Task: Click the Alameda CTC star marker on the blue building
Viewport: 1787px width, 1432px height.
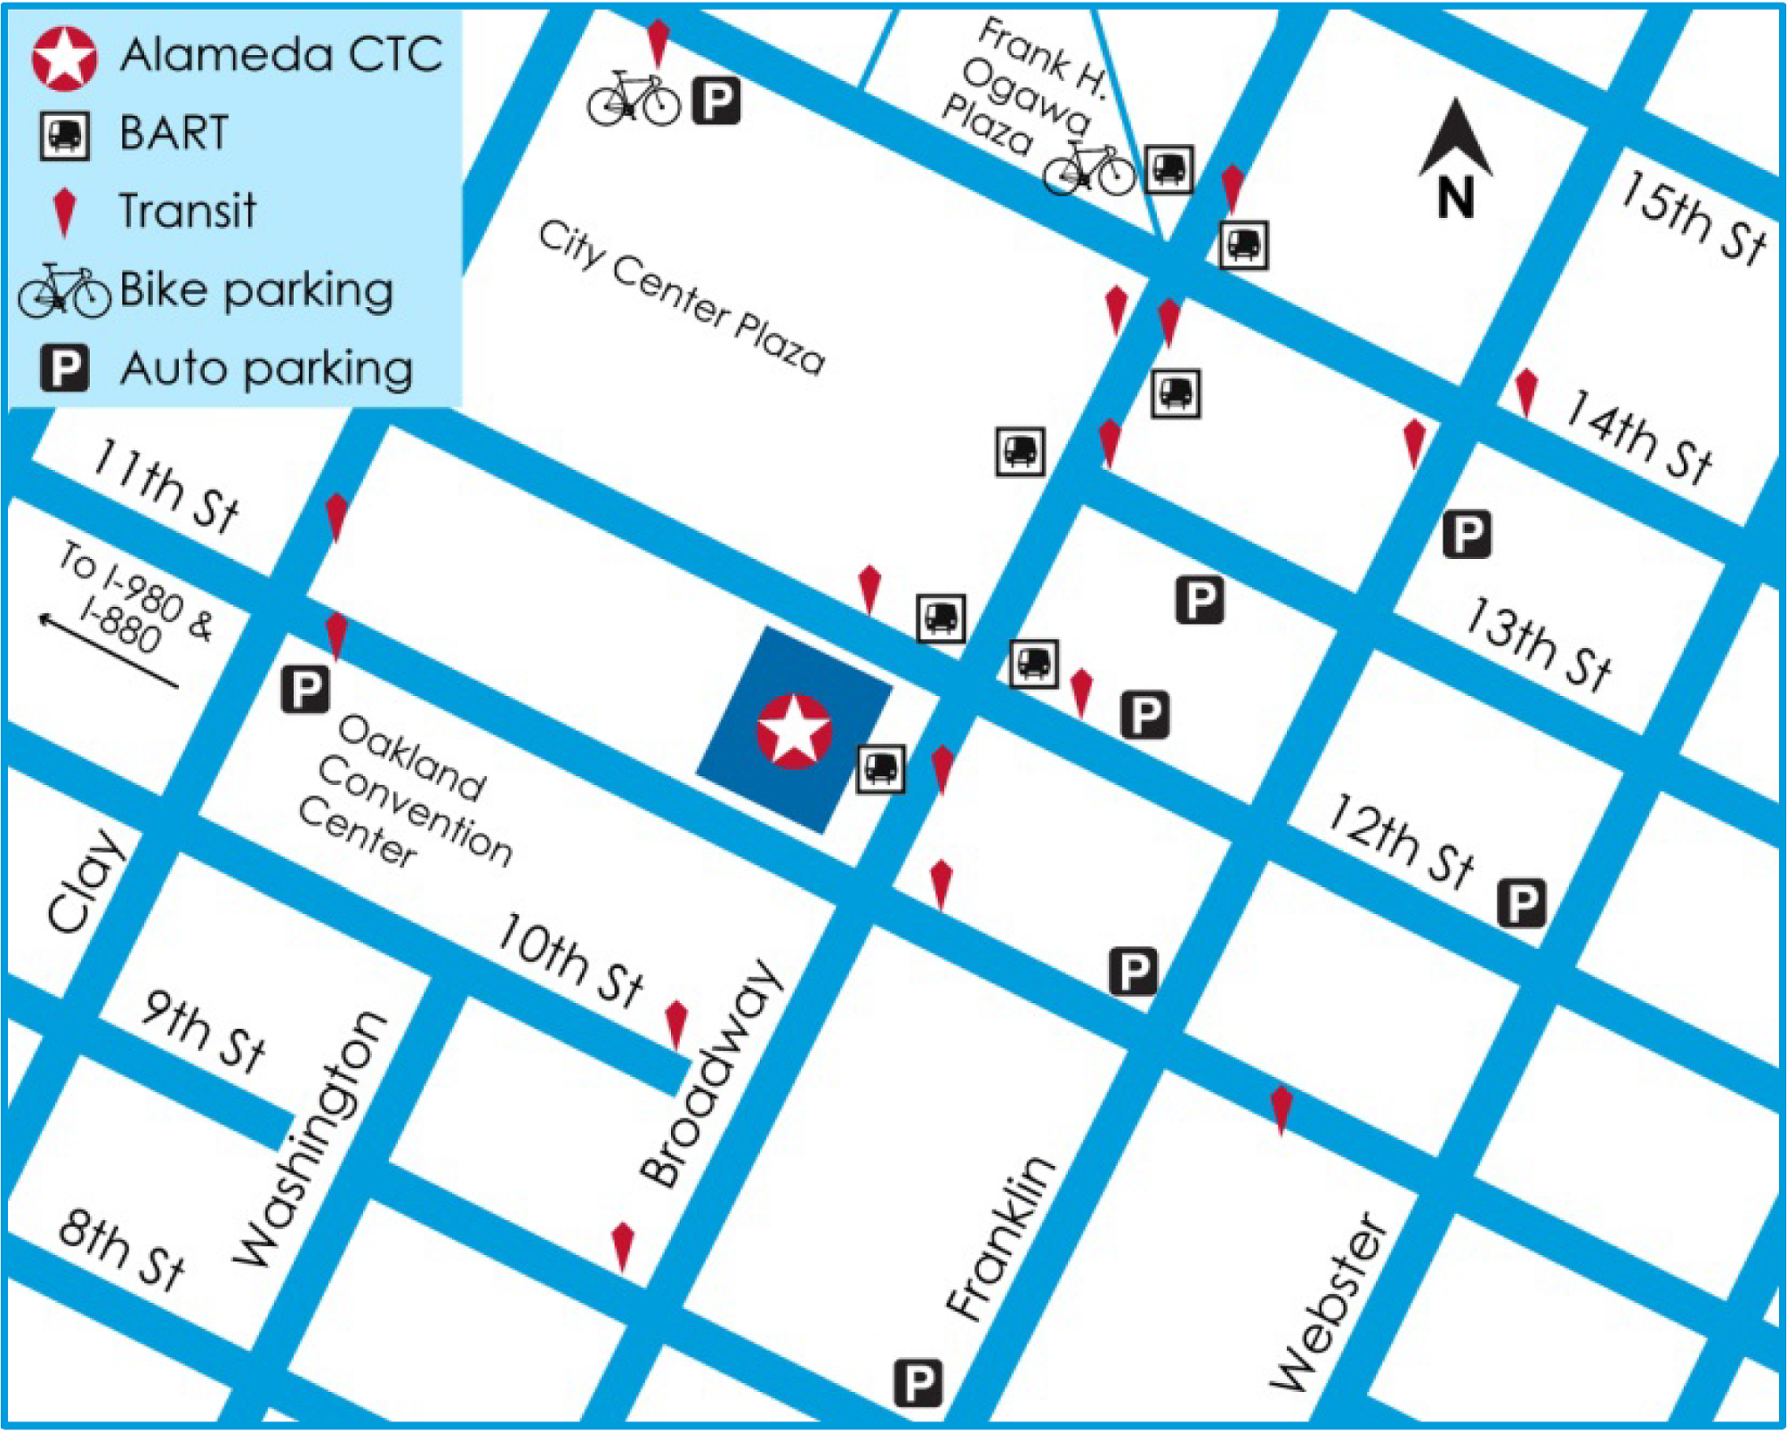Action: click(793, 731)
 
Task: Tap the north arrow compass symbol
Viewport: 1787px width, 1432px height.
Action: click(1455, 157)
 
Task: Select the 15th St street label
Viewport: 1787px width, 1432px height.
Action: click(1693, 218)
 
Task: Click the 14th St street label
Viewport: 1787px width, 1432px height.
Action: click(1638, 435)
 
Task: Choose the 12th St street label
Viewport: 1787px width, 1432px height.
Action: click(1400, 841)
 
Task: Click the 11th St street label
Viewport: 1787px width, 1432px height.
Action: click(165, 485)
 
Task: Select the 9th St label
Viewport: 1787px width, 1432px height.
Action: click(203, 1030)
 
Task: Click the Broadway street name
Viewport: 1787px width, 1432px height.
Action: click(708, 1073)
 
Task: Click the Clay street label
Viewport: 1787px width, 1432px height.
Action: click(85, 881)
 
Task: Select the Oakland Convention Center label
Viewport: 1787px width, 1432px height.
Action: click(406, 790)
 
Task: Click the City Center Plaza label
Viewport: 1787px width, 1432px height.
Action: click(681, 297)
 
